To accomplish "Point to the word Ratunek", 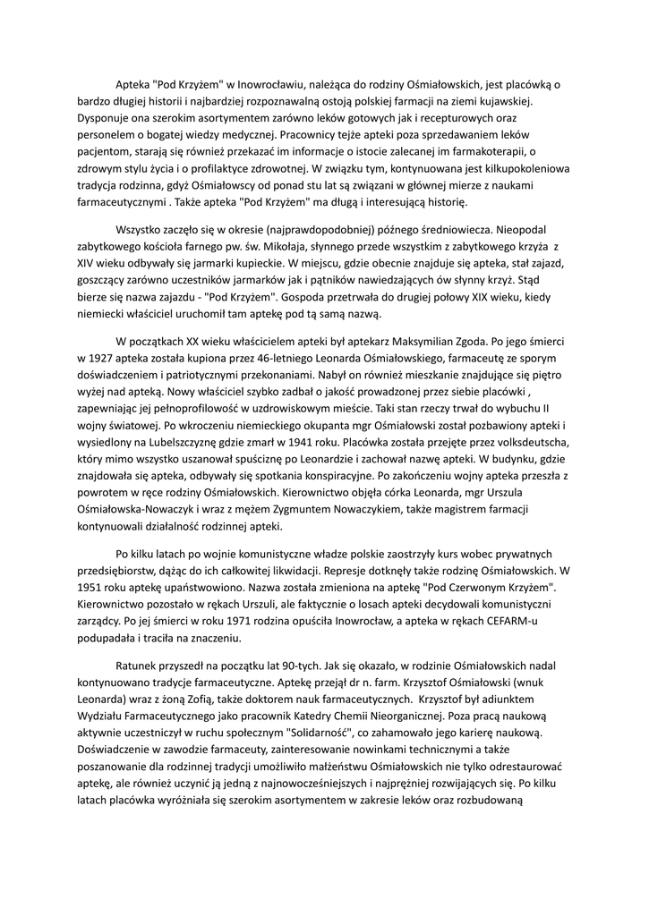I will [141, 666].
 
